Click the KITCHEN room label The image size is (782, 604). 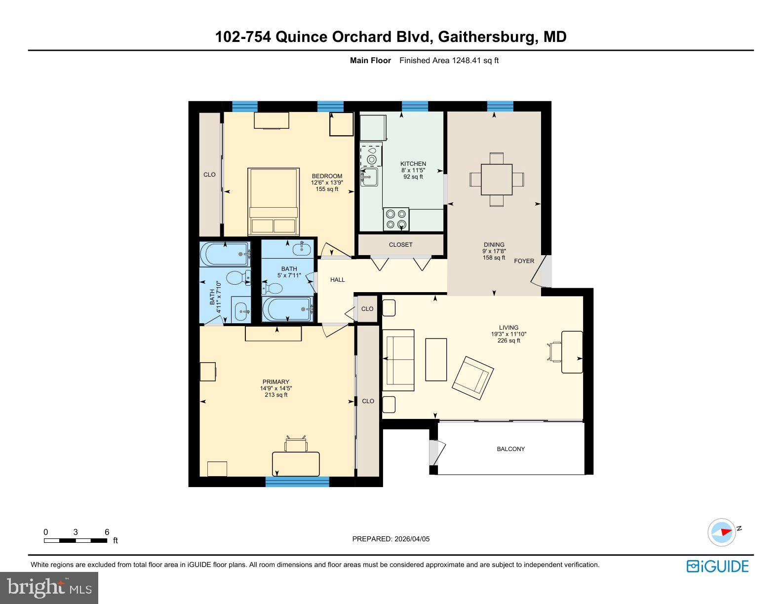pyautogui.click(x=413, y=164)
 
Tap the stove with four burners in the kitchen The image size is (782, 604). pyautogui.click(x=396, y=219)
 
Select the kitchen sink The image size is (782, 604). pyautogui.click(x=370, y=176)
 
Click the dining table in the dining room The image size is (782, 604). pyautogui.click(x=497, y=179)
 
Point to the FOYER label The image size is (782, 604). pyautogui.click(x=524, y=261)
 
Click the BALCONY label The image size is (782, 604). pyautogui.click(x=510, y=449)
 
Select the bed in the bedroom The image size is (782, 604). pyautogui.click(x=274, y=201)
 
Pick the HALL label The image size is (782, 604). pyautogui.click(x=338, y=280)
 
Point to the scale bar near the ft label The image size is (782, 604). pyautogui.click(x=76, y=540)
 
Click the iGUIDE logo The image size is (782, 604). pyautogui.click(x=717, y=566)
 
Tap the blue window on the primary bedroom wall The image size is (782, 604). pyautogui.click(x=297, y=482)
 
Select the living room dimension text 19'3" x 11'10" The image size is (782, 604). pyautogui.click(x=508, y=334)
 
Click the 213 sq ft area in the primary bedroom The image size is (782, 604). pyautogui.click(x=275, y=395)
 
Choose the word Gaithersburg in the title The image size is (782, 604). pyautogui.click(x=486, y=37)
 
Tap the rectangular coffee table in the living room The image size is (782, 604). pyautogui.click(x=436, y=359)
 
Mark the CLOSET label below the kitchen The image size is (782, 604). pyautogui.click(x=400, y=245)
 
